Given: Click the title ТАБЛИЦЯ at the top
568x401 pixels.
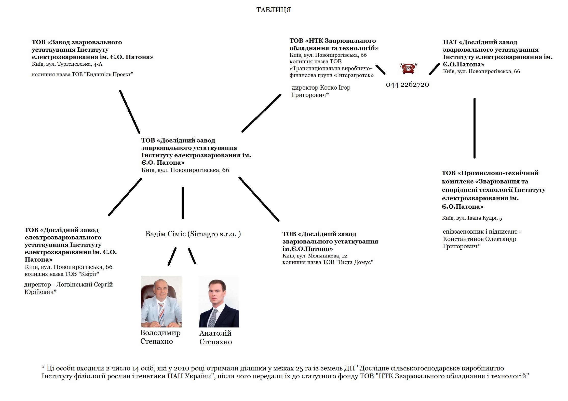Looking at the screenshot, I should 273,10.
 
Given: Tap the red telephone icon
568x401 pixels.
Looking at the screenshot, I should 408,68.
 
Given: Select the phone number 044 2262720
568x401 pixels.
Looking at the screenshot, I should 407,84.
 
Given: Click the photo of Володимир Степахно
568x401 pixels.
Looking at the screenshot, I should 161,302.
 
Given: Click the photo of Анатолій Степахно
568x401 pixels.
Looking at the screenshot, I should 219,302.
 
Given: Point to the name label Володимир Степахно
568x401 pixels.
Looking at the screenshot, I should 160,337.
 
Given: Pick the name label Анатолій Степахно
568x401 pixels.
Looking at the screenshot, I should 215,337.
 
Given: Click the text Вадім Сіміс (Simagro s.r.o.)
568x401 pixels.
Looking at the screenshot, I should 193,234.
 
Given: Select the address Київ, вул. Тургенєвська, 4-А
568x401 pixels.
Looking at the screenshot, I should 67,64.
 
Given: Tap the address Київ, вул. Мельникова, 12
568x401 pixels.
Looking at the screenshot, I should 315,256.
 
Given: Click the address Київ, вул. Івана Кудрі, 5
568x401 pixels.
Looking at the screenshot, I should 472,218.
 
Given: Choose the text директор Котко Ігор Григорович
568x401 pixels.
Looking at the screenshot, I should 321,91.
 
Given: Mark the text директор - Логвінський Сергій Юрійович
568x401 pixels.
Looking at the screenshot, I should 68,288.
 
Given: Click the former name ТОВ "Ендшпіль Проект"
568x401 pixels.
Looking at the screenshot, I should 82,75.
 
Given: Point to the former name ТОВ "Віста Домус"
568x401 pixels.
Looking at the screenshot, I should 328,262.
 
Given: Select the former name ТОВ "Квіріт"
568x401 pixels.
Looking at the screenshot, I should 62,274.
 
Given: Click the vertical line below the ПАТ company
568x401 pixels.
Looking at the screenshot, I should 474,128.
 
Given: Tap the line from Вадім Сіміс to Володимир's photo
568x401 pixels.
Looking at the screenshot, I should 172,256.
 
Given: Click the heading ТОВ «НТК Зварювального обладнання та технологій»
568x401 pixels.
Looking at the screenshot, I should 334,44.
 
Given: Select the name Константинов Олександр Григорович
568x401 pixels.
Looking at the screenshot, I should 479,242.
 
